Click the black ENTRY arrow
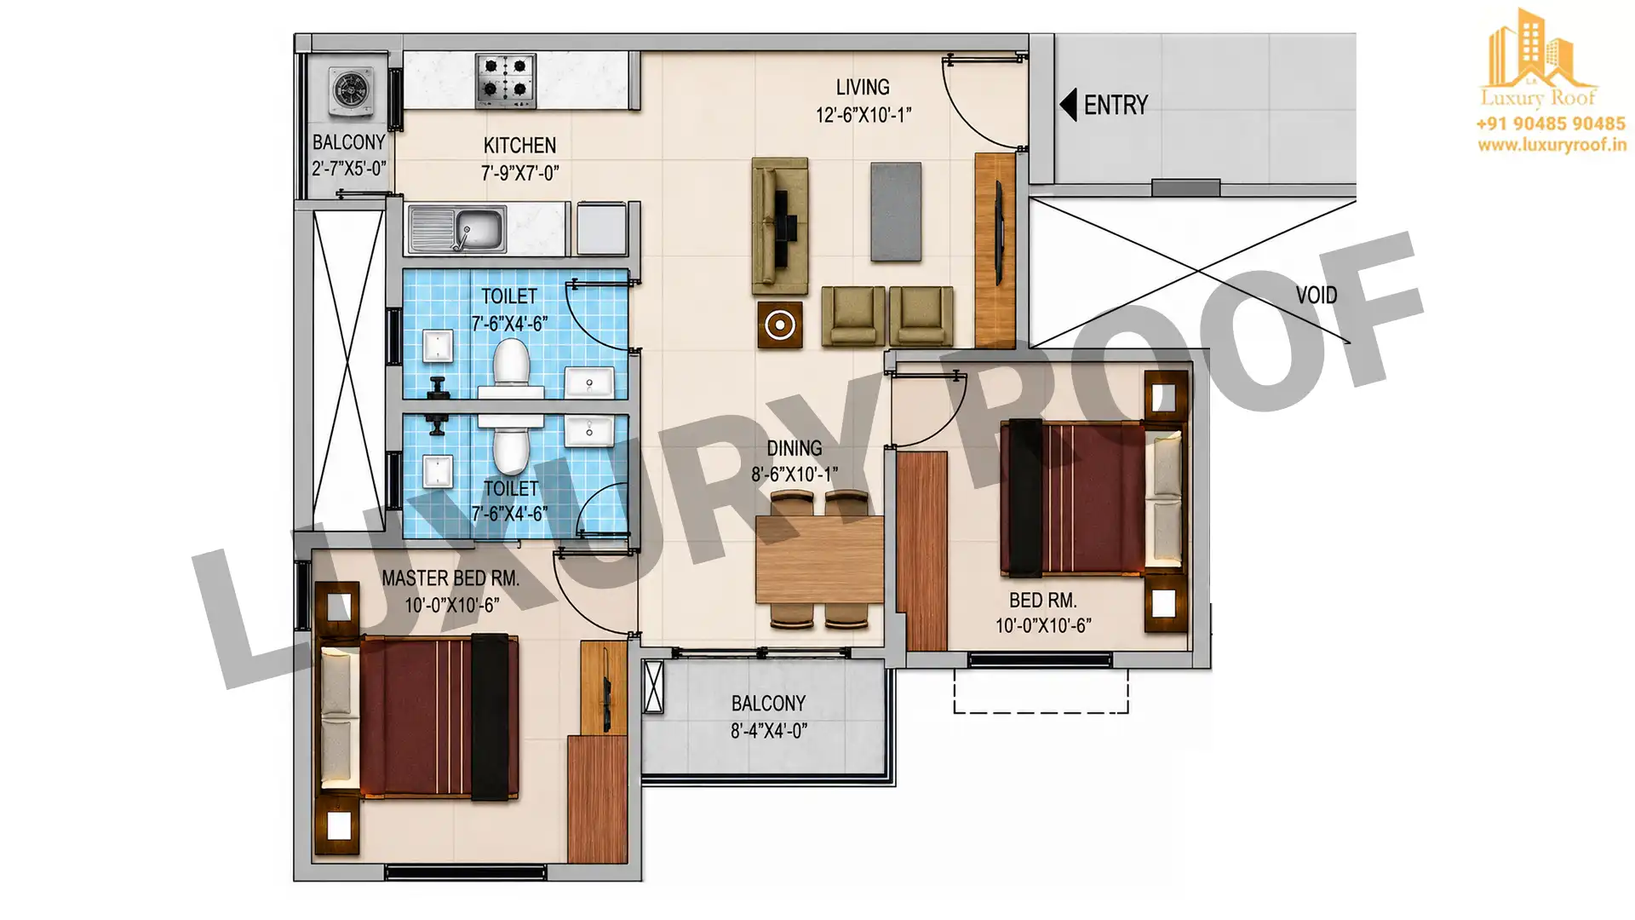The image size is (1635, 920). click(1068, 105)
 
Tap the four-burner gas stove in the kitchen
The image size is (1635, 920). click(506, 80)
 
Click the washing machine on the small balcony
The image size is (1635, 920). click(349, 89)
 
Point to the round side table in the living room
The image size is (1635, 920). click(780, 325)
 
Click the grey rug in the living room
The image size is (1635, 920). click(896, 212)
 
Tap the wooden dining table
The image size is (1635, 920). click(819, 560)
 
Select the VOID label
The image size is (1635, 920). click(1317, 295)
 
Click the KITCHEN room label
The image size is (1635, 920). click(519, 146)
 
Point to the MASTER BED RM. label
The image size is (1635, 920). click(450, 578)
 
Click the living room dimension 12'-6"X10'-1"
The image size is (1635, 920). click(863, 115)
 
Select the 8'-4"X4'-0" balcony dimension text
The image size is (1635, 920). click(769, 731)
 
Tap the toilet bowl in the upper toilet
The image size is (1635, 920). click(511, 367)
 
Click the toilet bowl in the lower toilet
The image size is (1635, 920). click(511, 444)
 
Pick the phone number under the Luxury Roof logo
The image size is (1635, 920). click(1551, 124)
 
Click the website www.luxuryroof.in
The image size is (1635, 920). click(1552, 145)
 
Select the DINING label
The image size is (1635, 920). click(795, 448)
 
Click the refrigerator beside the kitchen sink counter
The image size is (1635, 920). click(602, 228)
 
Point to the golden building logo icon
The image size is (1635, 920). click(1539, 51)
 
